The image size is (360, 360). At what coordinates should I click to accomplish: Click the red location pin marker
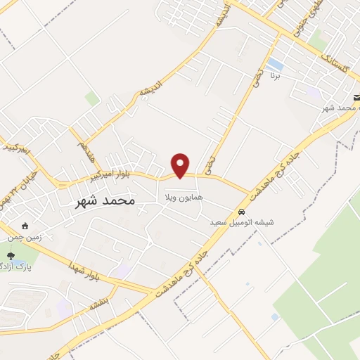point(181,165)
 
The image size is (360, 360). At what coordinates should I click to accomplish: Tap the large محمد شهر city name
point(105,200)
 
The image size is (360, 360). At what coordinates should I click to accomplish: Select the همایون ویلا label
point(184,198)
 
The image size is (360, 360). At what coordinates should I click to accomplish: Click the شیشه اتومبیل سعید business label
point(242,222)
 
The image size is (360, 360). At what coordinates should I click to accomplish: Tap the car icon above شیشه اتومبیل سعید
point(241,212)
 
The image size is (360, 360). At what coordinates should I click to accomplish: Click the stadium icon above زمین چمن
point(26,226)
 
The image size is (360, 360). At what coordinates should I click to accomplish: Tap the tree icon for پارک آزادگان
point(11,255)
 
